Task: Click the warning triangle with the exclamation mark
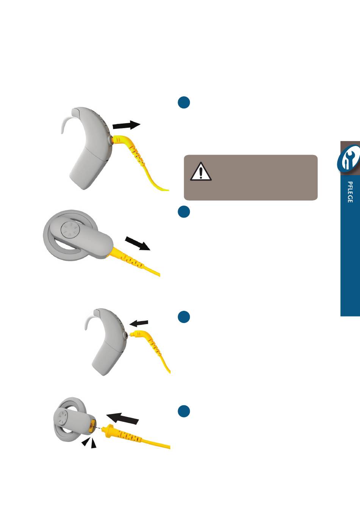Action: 201,171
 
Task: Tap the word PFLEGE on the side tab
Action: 350,192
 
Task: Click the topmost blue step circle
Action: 184,102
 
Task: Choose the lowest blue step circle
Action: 184,411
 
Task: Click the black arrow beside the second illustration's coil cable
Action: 138,243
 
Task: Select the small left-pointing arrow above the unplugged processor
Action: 139,323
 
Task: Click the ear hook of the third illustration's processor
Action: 88,318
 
